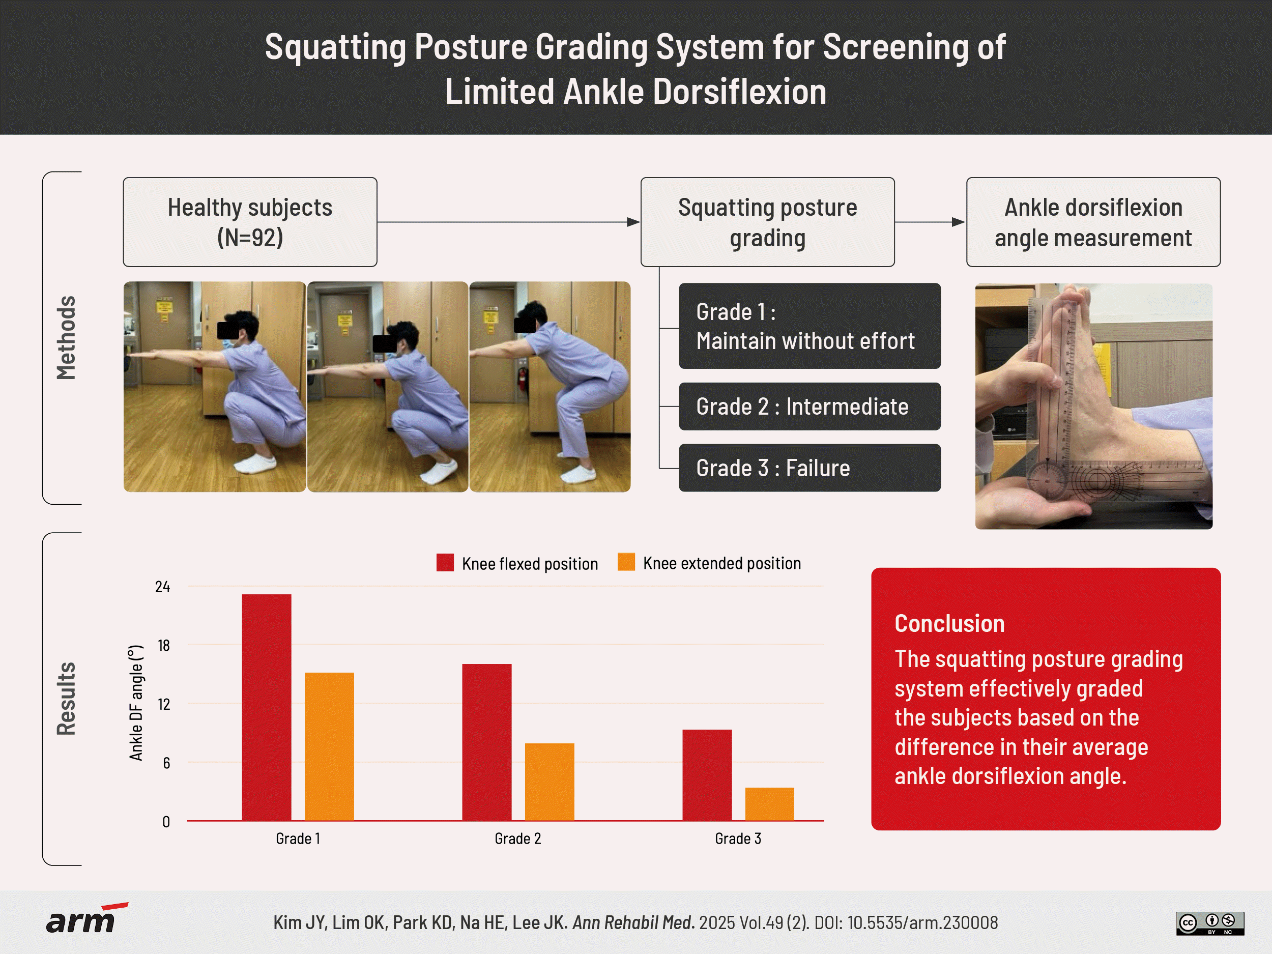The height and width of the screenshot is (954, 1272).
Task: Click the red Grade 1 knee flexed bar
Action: pyautogui.click(x=266, y=707)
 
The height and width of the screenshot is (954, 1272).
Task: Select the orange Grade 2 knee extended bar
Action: pyautogui.click(x=549, y=782)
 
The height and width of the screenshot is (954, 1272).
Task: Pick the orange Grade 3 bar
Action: pyautogui.click(x=769, y=804)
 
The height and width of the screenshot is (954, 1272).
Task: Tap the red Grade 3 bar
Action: pyautogui.click(x=707, y=775)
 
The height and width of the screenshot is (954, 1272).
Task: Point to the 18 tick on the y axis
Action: pyautogui.click(x=164, y=645)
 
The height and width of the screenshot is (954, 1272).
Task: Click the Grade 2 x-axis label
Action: pyautogui.click(x=517, y=839)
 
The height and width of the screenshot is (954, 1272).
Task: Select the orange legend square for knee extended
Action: pyautogui.click(x=626, y=562)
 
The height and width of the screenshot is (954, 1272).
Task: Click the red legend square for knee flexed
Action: pyautogui.click(x=445, y=562)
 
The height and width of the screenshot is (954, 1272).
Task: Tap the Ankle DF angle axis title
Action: pyautogui.click(x=136, y=703)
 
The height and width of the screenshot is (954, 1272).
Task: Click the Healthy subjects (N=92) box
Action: pyautogui.click(x=250, y=222)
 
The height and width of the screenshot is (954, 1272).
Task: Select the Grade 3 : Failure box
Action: pyautogui.click(x=810, y=468)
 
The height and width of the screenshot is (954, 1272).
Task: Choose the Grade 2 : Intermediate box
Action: pyautogui.click(x=810, y=406)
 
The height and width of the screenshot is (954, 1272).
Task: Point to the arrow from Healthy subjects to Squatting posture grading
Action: pyautogui.click(x=509, y=222)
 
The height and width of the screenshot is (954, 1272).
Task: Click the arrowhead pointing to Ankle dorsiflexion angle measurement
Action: pyautogui.click(x=959, y=222)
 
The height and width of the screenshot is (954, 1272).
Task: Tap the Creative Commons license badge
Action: pyautogui.click(x=1210, y=923)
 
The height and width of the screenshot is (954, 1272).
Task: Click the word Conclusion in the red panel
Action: pyautogui.click(x=949, y=623)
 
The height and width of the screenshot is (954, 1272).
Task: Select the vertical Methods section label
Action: pyautogui.click(x=66, y=337)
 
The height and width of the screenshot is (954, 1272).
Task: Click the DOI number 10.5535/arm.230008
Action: pyautogui.click(x=922, y=922)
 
